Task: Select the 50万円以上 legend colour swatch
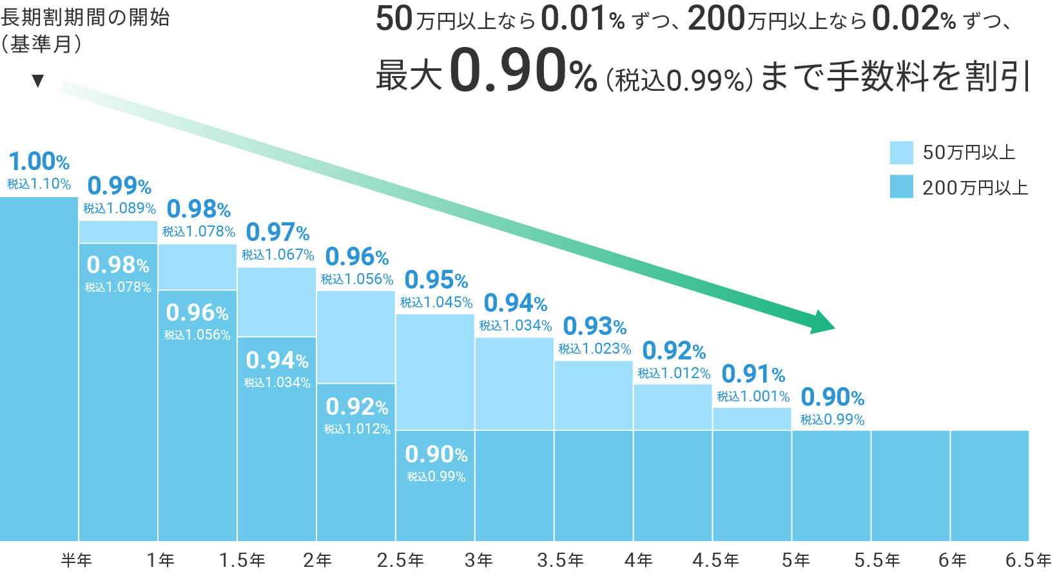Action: coord(901,153)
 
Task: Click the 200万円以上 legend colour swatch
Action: coord(901,187)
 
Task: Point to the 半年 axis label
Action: coord(77,560)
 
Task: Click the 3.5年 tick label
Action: coord(560,560)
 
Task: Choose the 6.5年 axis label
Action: coord(1029,560)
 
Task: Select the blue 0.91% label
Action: coord(753,374)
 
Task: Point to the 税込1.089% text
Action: coord(119,208)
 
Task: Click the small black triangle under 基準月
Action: coord(38,81)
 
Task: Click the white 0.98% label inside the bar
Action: coord(118,265)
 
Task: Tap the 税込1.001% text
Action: coord(753,397)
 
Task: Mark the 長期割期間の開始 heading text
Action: coord(85,17)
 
